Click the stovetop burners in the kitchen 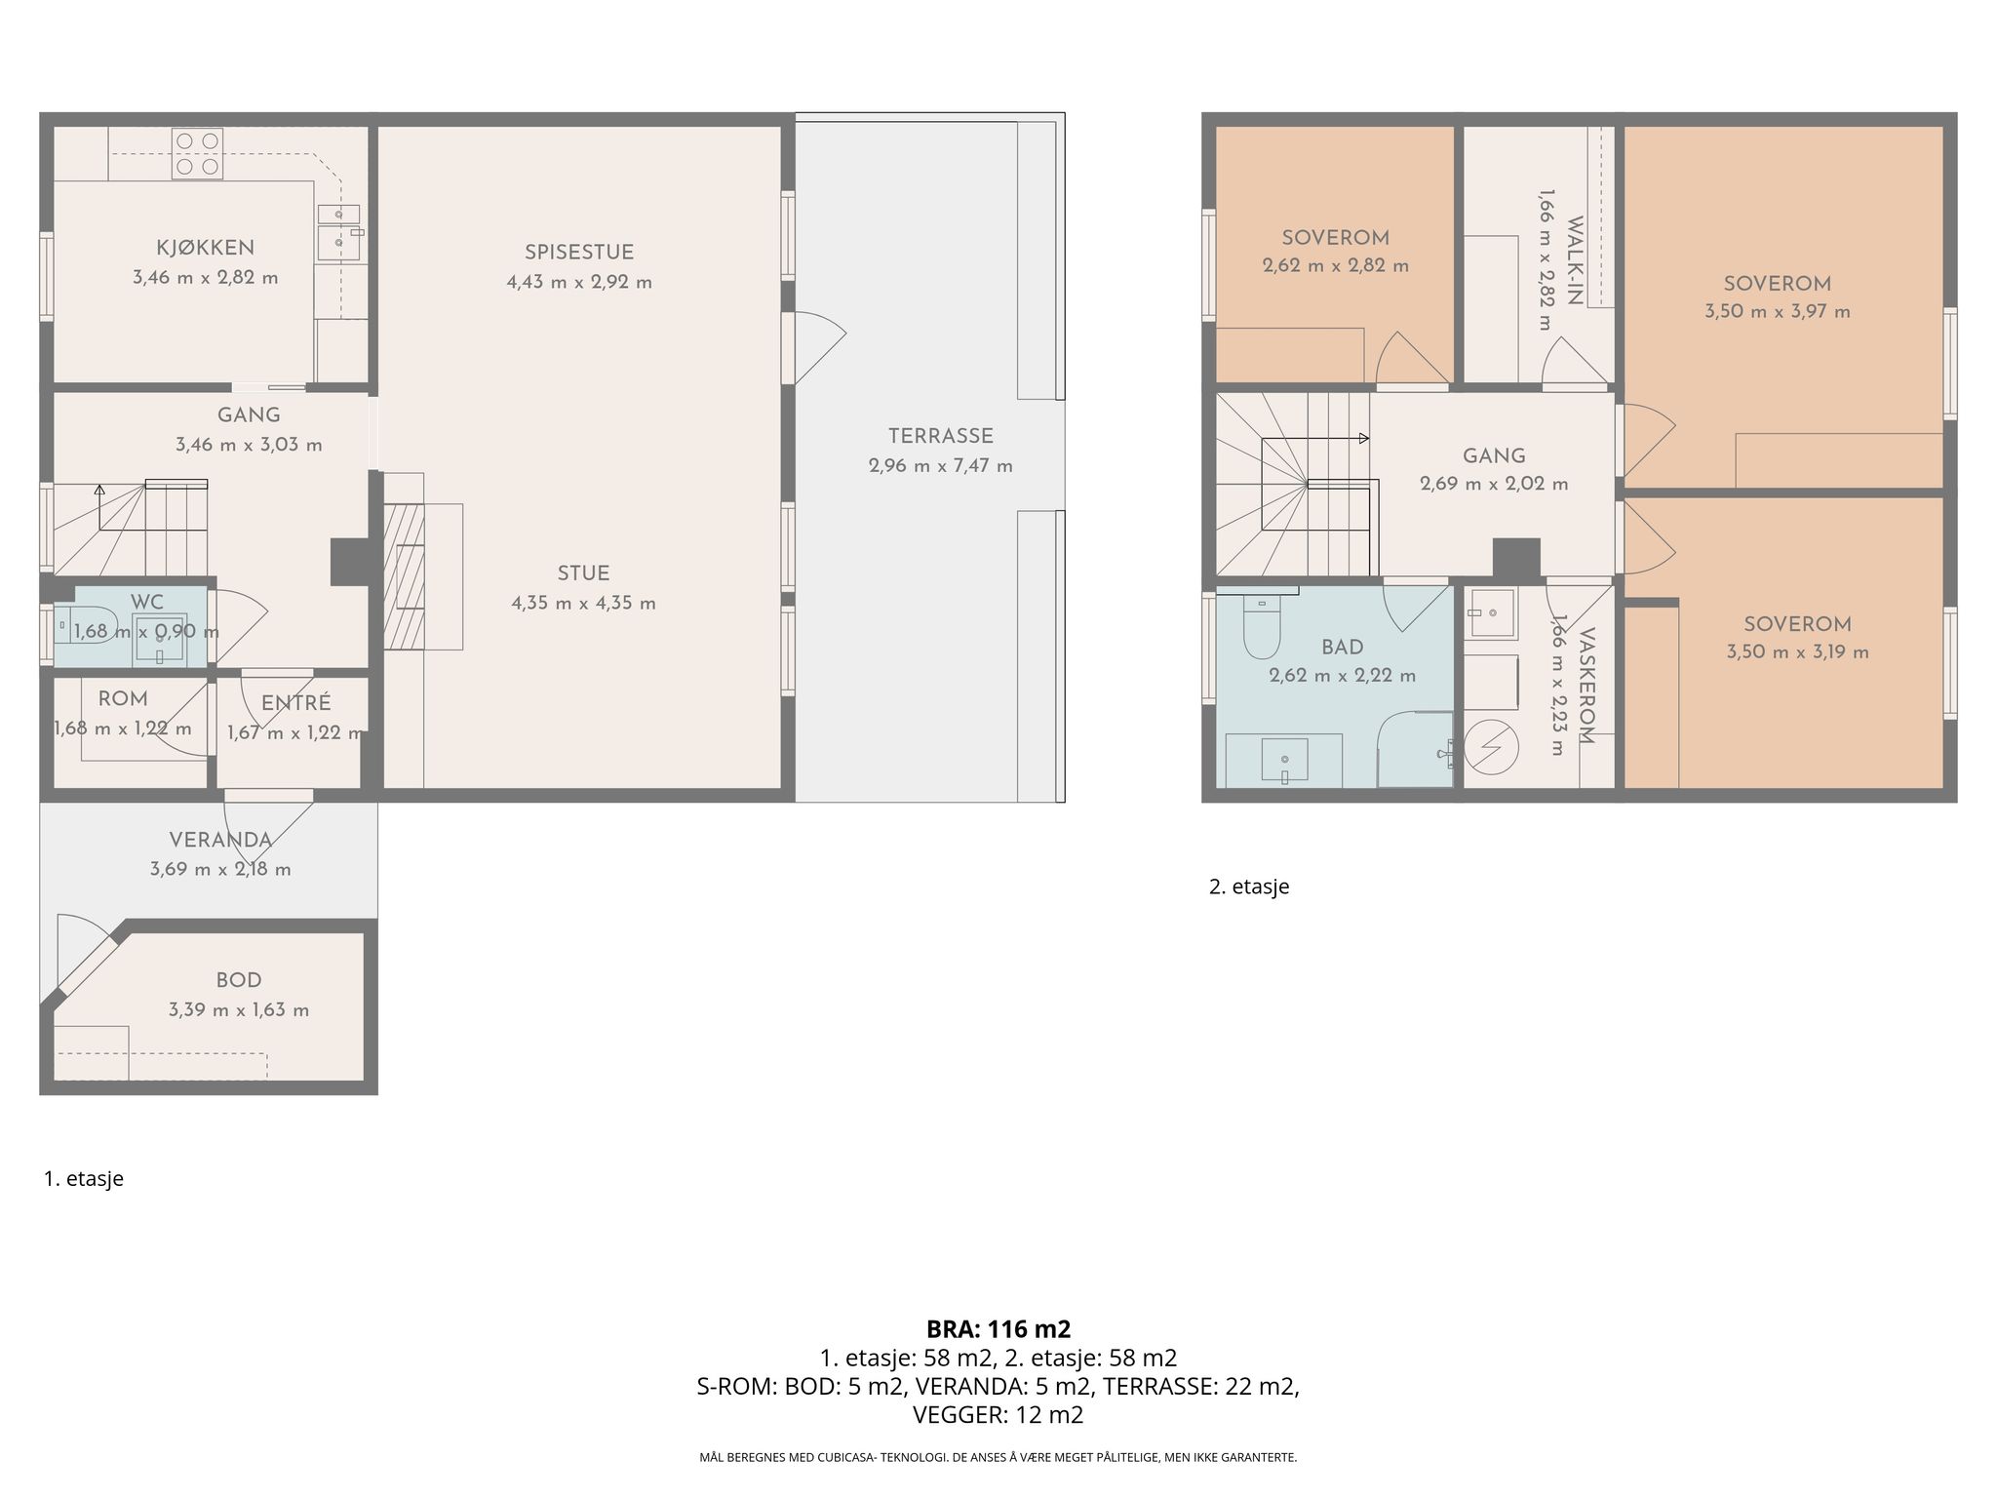pos(197,154)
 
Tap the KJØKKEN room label pos(206,248)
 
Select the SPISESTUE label pos(579,253)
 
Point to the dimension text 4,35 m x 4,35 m pos(583,604)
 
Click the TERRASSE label pos(940,436)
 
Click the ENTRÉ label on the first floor pos(296,703)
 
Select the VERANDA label pos(220,841)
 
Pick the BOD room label pos(239,981)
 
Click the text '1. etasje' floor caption pos(84,1179)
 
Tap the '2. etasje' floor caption pos(1249,887)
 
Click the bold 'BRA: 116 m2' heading pos(998,1329)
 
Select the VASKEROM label pos(1586,686)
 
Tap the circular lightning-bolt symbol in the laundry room pos(1492,748)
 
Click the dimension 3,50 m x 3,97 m pos(1777,313)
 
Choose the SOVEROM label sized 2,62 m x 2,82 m pos(1335,238)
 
